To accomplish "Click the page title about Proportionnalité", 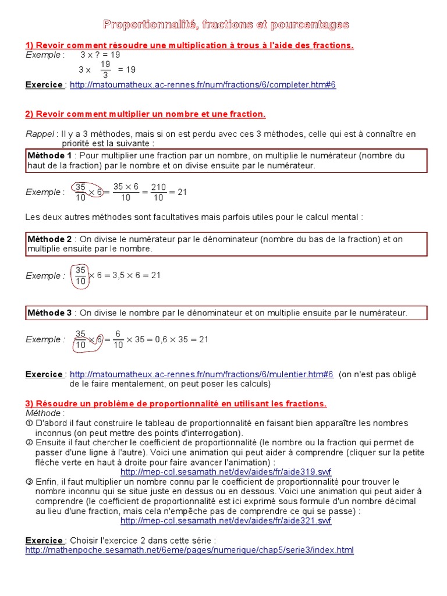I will [226, 24].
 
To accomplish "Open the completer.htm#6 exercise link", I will [203, 85].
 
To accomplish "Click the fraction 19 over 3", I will [105, 69].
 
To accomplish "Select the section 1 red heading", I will [189, 45].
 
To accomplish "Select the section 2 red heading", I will [146, 114].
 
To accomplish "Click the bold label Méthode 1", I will [50, 156].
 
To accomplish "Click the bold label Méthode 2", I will [50, 239].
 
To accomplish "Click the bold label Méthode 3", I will [50, 313].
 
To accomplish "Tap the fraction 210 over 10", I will [158, 192].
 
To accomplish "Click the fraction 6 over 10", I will [118, 339].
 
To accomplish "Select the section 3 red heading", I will [176, 403].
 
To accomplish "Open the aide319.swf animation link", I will [226, 471].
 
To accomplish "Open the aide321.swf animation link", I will [226, 521].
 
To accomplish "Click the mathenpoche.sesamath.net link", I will [189, 550].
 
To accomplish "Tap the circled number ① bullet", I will [29, 423].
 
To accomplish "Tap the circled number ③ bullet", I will [29, 482].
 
